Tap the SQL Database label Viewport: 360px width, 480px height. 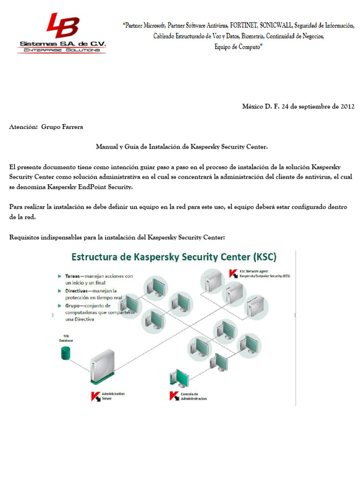[66, 338]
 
